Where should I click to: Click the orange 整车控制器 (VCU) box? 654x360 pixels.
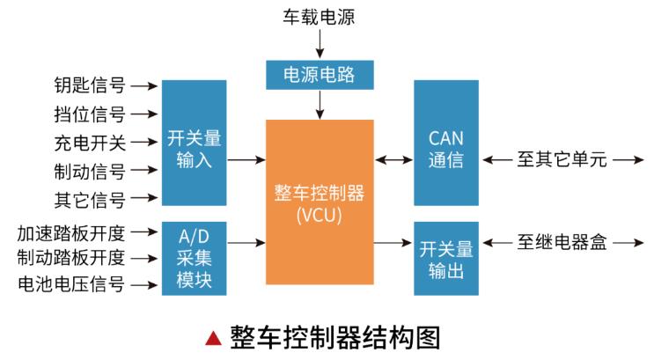[320, 202]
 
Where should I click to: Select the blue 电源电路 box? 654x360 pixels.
[320, 76]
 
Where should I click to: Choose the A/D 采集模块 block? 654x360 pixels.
[193, 257]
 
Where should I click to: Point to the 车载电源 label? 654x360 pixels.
[320, 15]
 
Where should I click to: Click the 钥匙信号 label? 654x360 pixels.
[89, 86]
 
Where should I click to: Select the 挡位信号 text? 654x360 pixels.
[89, 114]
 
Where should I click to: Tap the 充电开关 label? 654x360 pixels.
[89, 142]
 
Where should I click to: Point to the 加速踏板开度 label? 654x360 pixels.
[71, 233]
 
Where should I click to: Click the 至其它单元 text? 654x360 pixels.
[562, 161]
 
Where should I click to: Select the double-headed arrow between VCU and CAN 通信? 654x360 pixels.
[393, 161]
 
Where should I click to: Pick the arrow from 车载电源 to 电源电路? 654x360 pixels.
[320, 40]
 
